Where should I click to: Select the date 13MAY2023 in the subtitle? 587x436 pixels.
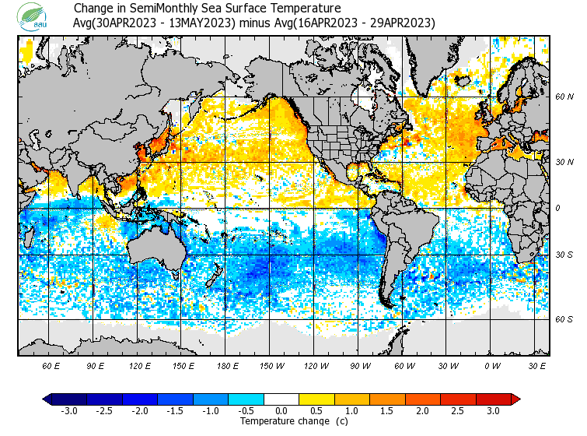tap(206, 23)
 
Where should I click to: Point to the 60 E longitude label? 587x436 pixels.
tap(51, 365)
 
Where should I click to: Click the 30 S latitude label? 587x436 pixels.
tap(564, 255)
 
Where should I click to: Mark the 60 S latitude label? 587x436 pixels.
tap(564, 319)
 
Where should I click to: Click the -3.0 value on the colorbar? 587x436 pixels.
tap(69, 410)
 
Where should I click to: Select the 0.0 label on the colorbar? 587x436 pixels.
tap(281, 410)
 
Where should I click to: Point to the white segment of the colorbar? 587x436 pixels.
tap(281, 399)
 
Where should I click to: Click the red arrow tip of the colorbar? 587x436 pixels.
tap(515, 399)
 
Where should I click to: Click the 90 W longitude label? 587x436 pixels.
tap(361, 365)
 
